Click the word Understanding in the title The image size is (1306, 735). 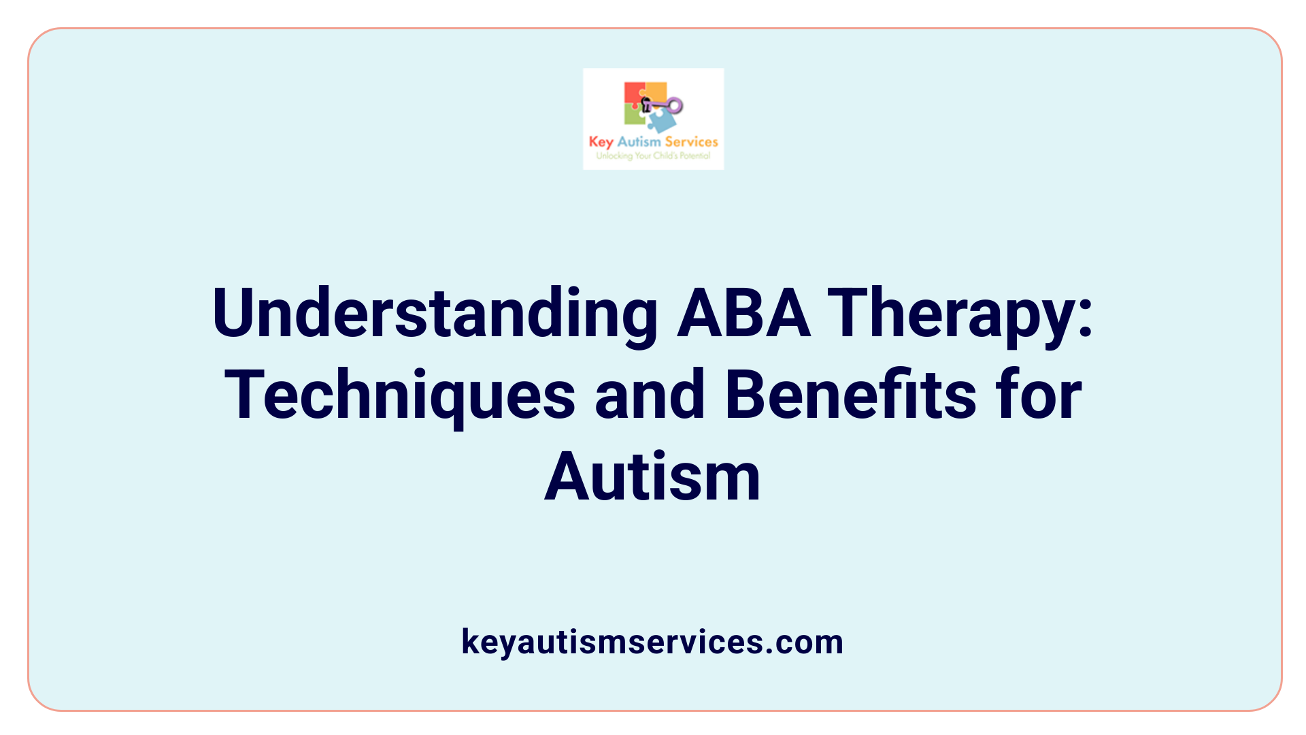pyautogui.click(x=435, y=314)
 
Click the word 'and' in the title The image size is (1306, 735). pyautogui.click(x=650, y=395)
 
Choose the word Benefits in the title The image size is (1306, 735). pyautogui.click(x=850, y=395)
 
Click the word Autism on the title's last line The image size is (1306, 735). pyautogui.click(x=652, y=477)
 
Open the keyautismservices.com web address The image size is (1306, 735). pyautogui.click(x=652, y=642)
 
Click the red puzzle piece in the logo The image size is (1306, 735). pyautogui.click(x=633, y=94)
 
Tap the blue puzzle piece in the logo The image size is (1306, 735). pyautogui.click(x=662, y=121)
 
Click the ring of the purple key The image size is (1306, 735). pyautogui.click(x=675, y=105)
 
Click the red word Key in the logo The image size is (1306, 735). pyautogui.click(x=601, y=142)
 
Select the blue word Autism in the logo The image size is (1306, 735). pyautogui.click(x=639, y=142)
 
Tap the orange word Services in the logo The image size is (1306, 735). pyautogui.click(x=691, y=142)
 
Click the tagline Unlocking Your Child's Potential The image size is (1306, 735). pyautogui.click(x=653, y=156)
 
